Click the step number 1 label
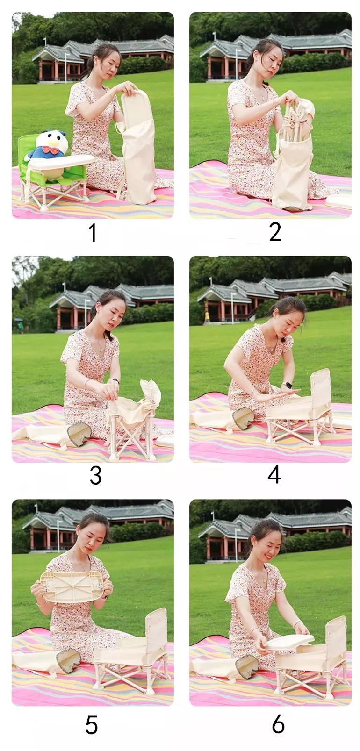coord(93,233)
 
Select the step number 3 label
coord(96,475)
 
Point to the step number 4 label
coord(274,475)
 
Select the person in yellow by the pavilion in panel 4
coord(208,316)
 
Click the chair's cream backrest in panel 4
coord(321,386)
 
